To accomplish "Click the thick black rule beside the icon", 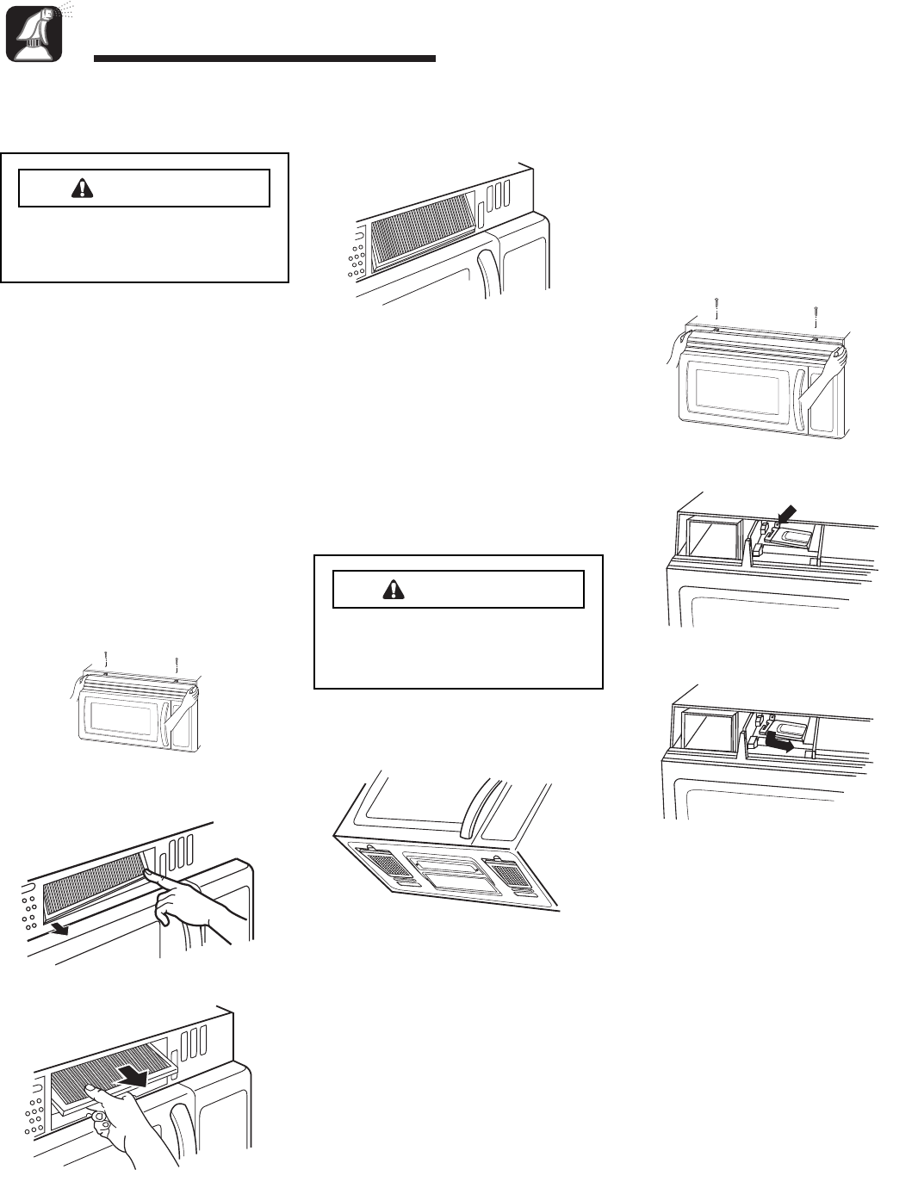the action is point(264,59).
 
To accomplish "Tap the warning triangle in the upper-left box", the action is point(84,189).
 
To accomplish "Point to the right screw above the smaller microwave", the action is point(177,663).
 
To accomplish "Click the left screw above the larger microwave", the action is point(716,306).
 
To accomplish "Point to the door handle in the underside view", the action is point(472,807).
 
